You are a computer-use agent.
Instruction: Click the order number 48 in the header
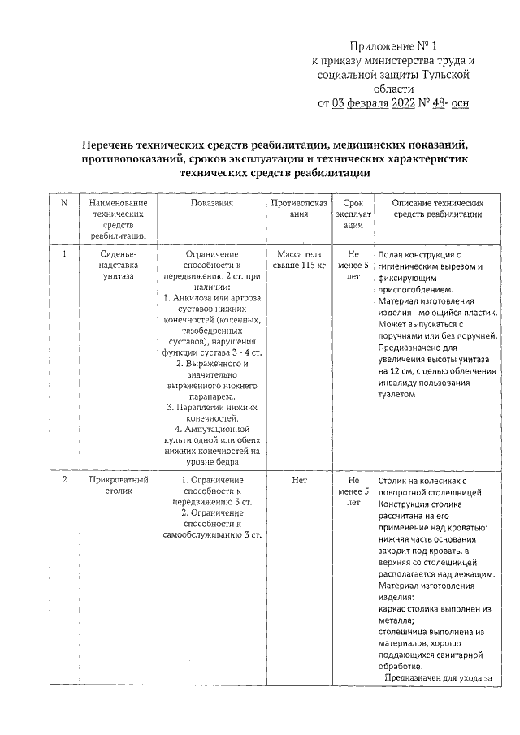pyautogui.click(x=438, y=103)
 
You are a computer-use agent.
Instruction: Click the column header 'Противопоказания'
pyautogui.click(x=300, y=208)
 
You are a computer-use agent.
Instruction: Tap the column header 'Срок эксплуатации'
pyautogui.click(x=353, y=214)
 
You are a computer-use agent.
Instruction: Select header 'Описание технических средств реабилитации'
pyautogui.click(x=438, y=208)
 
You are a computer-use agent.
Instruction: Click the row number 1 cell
pyautogui.click(x=63, y=253)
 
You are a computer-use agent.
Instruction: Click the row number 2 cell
pyautogui.click(x=63, y=480)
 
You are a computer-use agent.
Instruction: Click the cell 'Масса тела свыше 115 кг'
pyautogui.click(x=300, y=259)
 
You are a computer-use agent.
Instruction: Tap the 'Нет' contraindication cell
pyautogui.click(x=300, y=480)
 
